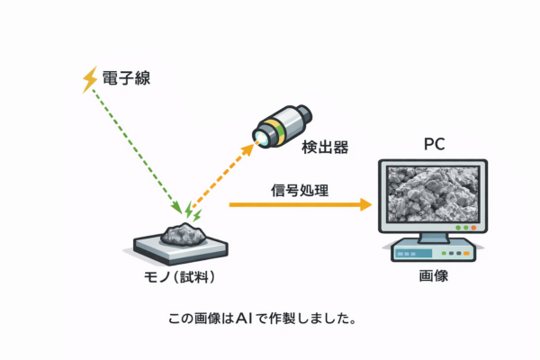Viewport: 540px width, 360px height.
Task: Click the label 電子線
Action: [125, 79]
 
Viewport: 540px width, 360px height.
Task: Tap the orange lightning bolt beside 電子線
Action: [90, 80]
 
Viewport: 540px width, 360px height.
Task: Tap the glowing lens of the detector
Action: [258, 137]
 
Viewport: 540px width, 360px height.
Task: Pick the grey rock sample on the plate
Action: [183, 234]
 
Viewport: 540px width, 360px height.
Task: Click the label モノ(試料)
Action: [182, 276]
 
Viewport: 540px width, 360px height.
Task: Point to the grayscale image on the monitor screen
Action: [433, 195]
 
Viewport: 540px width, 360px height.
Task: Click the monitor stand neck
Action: [433, 238]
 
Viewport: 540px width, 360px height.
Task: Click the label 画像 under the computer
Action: [433, 276]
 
